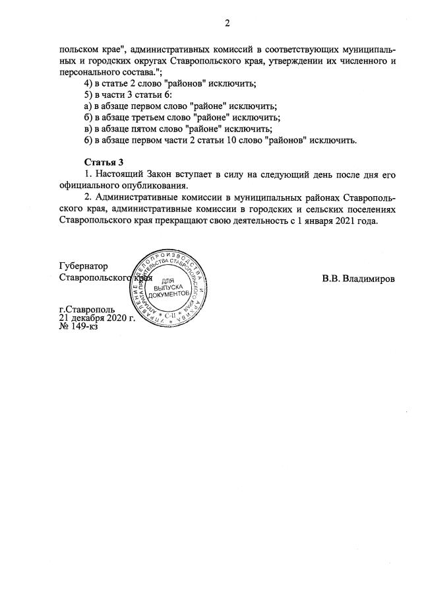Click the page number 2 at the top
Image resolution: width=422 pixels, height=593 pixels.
(x=227, y=24)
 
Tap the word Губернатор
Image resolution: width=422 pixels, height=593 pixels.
(x=82, y=266)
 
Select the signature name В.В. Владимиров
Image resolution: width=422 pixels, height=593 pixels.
(x=359, y=279)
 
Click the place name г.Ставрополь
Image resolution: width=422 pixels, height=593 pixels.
(x=86, y=308)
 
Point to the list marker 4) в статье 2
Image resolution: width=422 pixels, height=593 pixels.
(x=90, y=83)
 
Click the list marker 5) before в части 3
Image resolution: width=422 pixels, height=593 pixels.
(x=90, y=94)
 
